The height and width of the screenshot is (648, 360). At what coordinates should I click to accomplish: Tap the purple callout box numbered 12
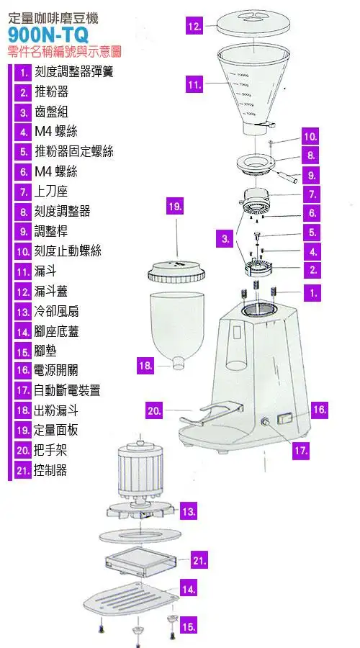194,26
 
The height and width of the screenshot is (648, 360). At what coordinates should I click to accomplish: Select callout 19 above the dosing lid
174,207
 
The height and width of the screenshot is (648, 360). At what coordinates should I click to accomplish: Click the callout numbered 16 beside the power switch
320,410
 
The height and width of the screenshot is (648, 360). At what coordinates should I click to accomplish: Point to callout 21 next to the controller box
200,559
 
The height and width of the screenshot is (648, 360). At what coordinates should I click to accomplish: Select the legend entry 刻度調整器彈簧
73,72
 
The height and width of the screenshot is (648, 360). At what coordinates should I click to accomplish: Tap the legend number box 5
24,152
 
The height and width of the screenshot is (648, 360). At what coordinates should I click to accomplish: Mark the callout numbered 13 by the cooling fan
189,512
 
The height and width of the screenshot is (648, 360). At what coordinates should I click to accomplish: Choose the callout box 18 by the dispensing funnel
145,365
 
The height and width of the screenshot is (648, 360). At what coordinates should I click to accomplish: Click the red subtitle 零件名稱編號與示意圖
63,52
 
